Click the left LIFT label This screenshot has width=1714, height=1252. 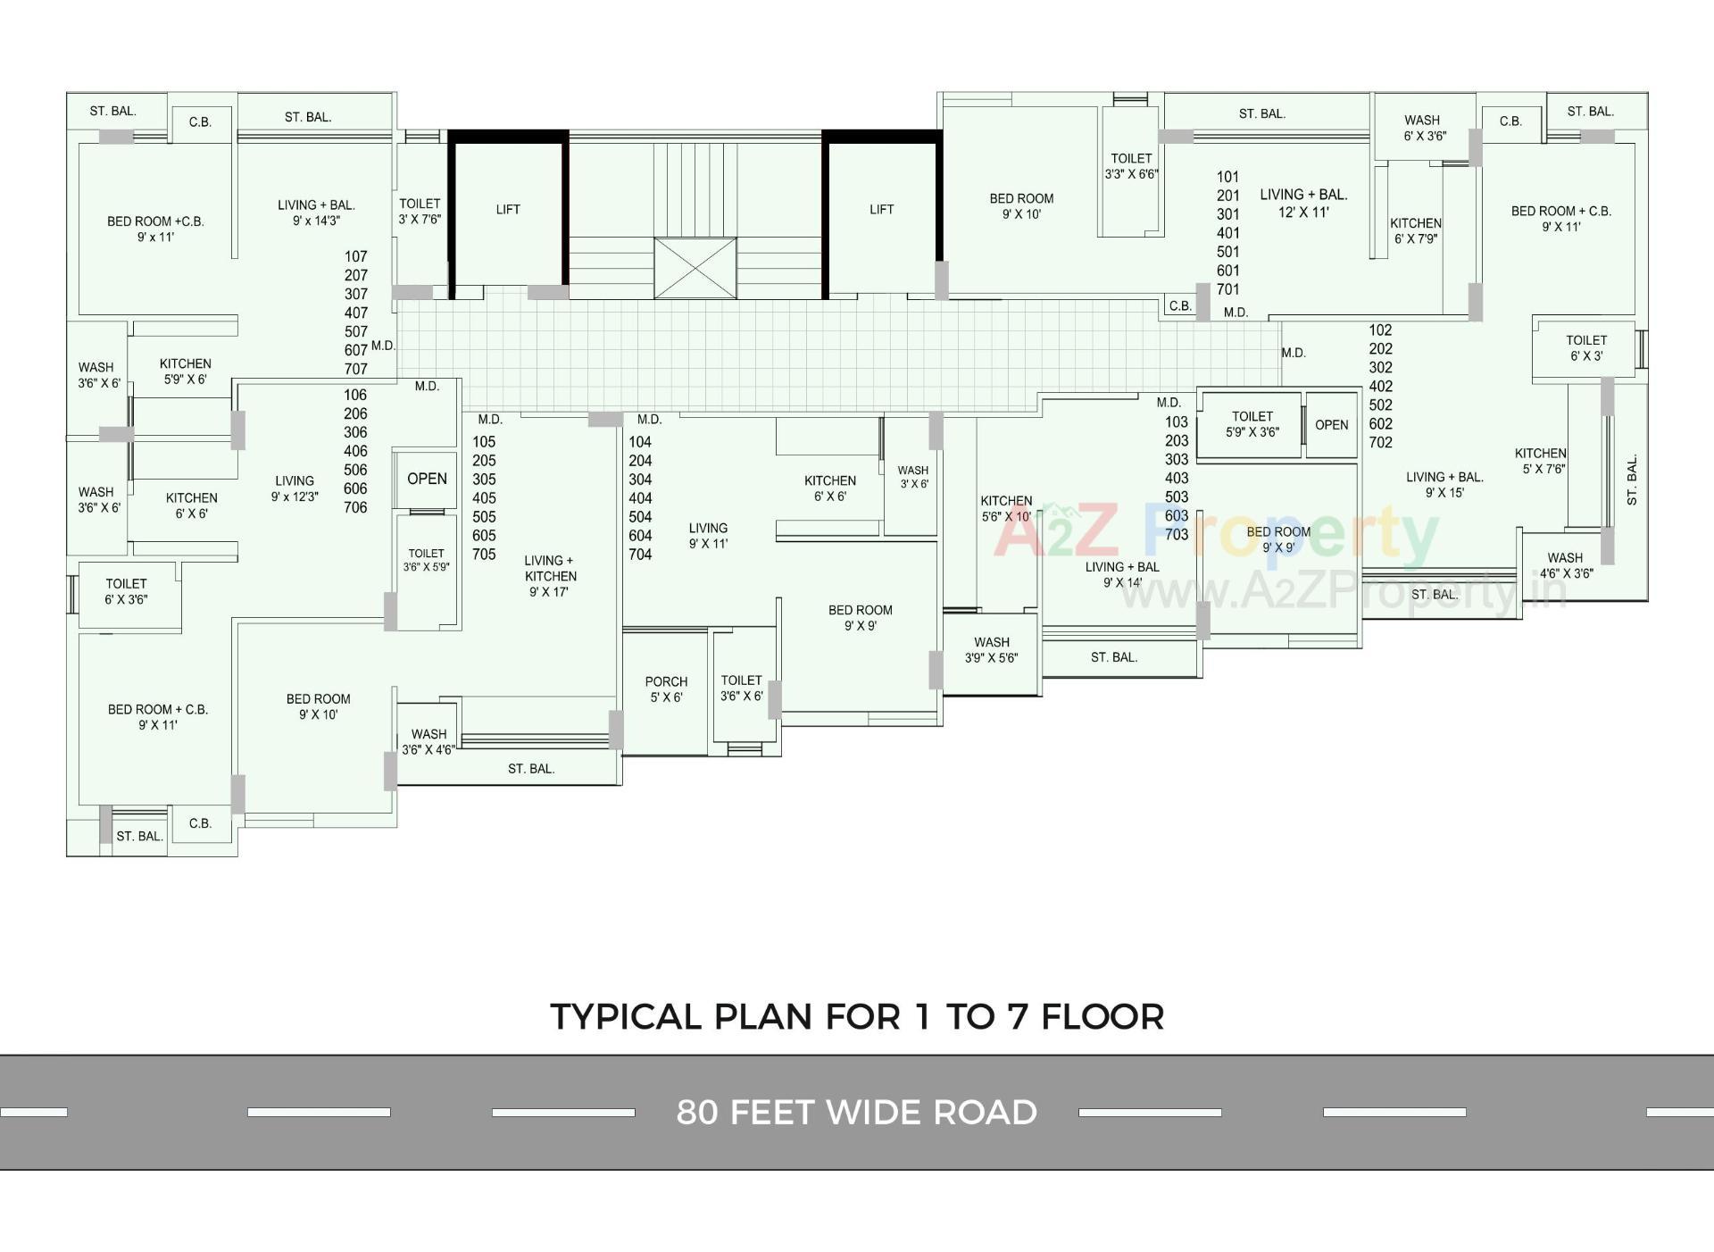(508, 210)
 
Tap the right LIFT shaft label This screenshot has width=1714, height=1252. (881, 210)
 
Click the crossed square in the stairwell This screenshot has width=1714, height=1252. (695, 268)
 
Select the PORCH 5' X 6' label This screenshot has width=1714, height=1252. (666, 689)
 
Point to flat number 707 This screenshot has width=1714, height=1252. (356, 369)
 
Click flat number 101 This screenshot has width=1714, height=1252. (1228, 177)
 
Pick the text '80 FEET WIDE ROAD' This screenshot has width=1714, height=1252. (856, 1113)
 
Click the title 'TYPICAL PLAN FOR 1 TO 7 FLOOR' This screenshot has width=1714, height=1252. (856, 1017)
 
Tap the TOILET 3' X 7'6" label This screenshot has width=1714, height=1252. (420, 212)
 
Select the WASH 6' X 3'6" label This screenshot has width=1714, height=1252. (1423, 128)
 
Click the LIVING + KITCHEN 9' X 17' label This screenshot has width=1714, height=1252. (550, 576)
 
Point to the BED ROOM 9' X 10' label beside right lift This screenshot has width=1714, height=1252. (1021, 206)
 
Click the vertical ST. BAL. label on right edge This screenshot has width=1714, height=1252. (1632, 480)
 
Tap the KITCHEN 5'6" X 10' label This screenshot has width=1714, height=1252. (1006, 508)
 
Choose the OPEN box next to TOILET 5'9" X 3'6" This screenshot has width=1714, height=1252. (1331, 425)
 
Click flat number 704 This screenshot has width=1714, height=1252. (640, 555)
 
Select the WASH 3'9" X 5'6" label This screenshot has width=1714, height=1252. (991, 650)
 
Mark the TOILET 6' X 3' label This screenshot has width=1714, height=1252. (1585, 348)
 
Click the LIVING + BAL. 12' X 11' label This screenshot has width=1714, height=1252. (1303, 203)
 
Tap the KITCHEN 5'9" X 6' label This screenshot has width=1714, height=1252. (185, 371)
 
